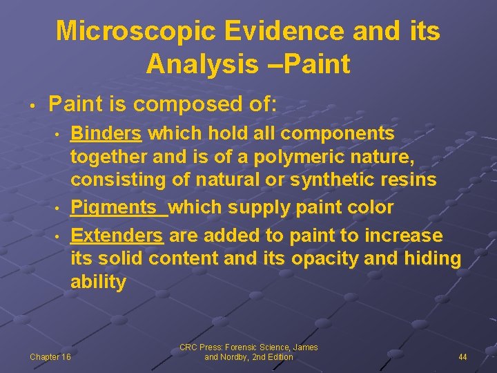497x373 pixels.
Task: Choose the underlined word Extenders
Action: click(117, 236)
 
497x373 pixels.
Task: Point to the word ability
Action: click(98, 283)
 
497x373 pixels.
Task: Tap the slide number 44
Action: click(462, 357)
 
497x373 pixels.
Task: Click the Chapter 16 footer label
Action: click(50, 357)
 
